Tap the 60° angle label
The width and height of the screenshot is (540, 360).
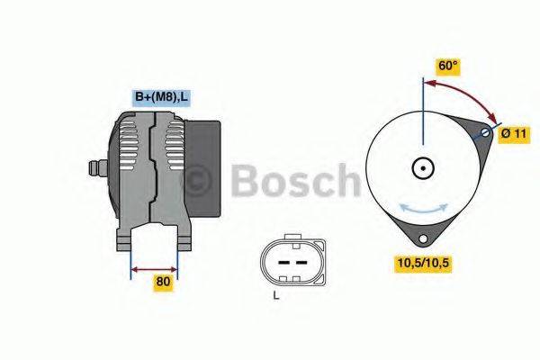448,66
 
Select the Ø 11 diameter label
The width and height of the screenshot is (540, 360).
512,133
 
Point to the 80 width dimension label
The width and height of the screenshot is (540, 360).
162,281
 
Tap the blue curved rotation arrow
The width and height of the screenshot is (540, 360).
423,208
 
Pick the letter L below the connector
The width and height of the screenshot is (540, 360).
276,295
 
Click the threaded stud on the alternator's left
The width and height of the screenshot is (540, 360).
94,168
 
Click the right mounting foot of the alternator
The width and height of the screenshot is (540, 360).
184,238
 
